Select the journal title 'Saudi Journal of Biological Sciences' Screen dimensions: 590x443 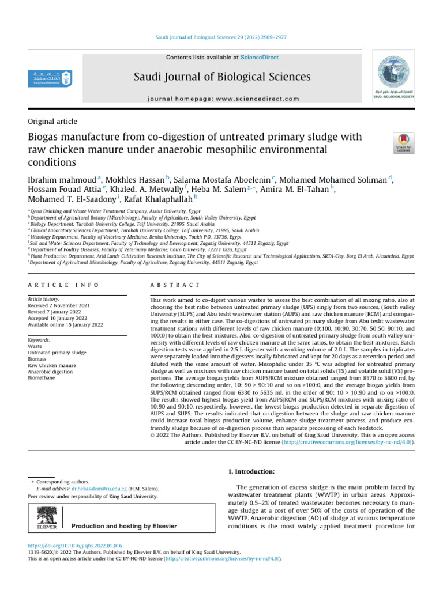(223, 77)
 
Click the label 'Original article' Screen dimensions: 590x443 (52, 122)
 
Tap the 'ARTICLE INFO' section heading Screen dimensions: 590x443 (63, 285)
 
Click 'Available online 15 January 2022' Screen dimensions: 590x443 (65, 324)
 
